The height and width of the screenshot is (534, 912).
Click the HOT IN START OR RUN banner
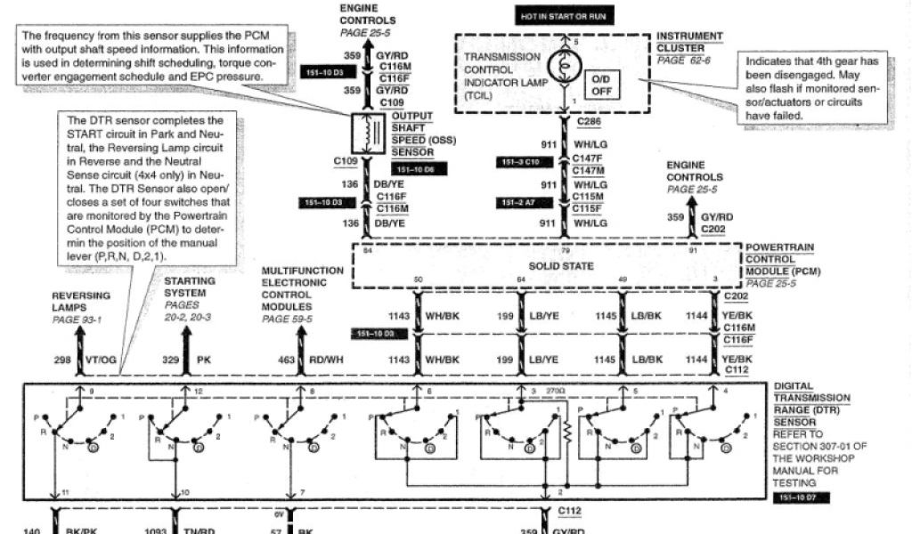561,16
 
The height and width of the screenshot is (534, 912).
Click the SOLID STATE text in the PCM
561,266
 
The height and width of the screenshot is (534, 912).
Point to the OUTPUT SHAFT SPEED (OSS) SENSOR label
411,133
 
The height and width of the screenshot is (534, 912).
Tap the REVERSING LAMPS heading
81,301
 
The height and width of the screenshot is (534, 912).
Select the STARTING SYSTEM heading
190,286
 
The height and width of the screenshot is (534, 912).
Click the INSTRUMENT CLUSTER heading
689,42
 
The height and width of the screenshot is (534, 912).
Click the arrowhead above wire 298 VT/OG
80,329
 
